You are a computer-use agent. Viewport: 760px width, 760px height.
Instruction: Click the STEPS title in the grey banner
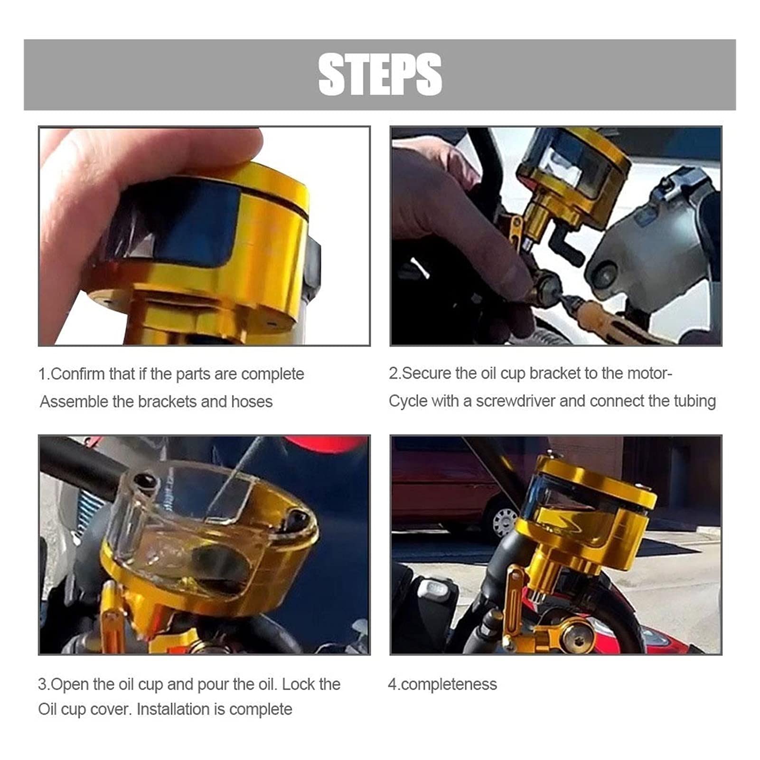[380, 75]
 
